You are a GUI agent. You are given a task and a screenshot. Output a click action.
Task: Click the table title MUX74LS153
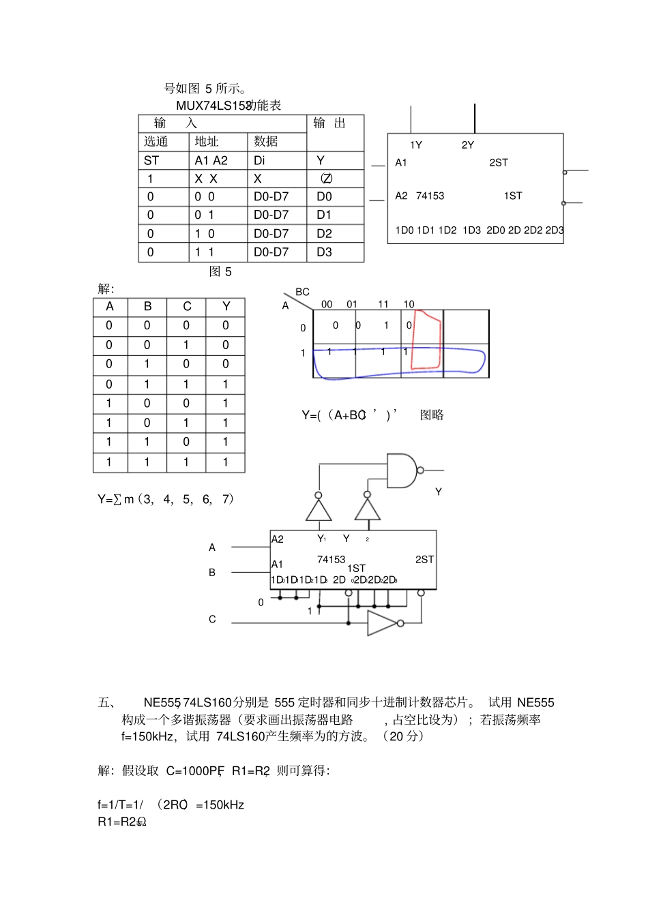213,106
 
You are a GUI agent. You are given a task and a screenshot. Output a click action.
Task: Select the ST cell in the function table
151,160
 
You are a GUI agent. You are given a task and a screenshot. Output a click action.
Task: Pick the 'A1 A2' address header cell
211,160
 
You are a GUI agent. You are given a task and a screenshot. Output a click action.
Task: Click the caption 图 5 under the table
220,271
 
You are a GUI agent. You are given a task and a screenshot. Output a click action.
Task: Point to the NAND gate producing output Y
402,470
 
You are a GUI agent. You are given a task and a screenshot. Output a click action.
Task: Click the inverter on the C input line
382,622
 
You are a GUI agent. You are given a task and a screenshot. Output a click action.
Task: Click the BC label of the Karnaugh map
302,292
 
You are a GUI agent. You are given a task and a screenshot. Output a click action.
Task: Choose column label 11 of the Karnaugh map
383,304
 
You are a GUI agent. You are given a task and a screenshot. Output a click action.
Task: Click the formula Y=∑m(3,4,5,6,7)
166,499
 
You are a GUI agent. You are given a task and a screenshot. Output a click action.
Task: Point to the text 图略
432,415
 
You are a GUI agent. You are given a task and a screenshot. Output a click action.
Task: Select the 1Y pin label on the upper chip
416,145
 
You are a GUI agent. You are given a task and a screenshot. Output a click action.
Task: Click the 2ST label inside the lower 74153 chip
424,559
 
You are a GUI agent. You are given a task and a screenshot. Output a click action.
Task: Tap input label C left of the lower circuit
212,619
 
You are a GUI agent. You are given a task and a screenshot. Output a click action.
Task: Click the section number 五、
107,702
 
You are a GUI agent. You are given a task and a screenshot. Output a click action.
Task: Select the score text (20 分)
403,736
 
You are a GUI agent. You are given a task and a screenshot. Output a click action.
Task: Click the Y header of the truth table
226,307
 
